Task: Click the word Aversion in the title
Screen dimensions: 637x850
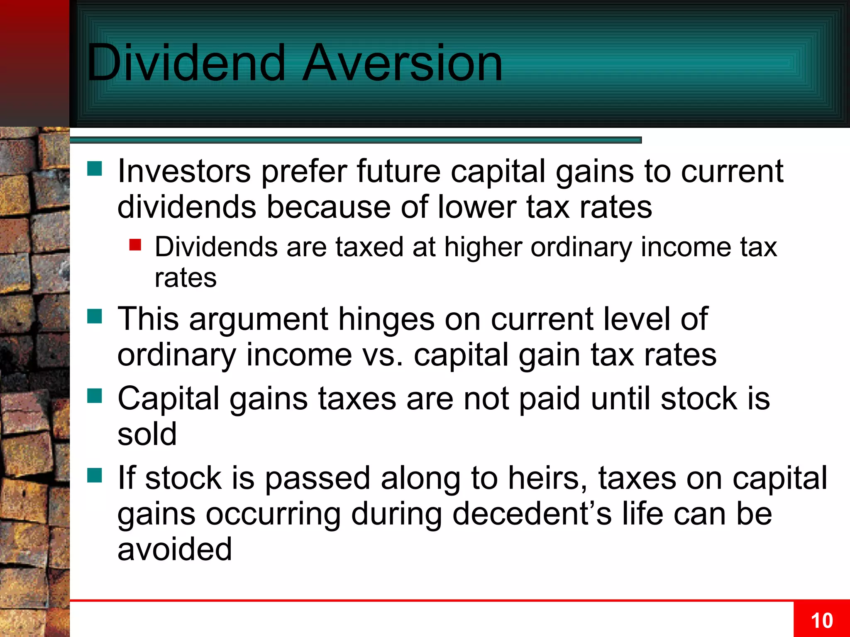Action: (x=402, y=63)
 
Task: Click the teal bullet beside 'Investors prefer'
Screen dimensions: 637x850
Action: (x=95, y=169)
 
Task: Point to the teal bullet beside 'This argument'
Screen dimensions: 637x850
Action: (x=95, y=316)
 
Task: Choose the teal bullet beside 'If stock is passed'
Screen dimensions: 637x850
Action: (x=95, y=475)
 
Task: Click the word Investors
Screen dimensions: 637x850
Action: (x=184, y=171)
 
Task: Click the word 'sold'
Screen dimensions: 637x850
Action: (x=147, y=434)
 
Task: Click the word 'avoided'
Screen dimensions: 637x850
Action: (x=174, y=549)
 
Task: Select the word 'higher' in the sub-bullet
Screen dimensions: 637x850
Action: (x=483, y=248)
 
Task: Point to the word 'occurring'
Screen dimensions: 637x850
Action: (x=273, y=515)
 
